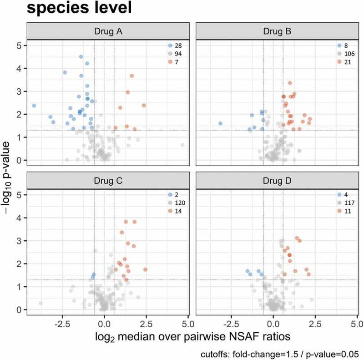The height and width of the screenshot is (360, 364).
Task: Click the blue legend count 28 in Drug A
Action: (x=179, y=46)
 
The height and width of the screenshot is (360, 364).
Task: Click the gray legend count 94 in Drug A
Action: (x=179, y=54)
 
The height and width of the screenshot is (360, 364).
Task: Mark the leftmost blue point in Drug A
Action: (x=34, y=106)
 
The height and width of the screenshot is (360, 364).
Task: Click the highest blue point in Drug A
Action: (x=81, y=57)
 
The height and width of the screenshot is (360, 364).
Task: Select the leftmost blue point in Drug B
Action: (x=220, y=123)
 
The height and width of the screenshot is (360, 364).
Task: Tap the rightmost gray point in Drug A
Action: (x=182, y=145)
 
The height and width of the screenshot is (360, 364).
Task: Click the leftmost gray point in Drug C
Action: (x=40, y=303)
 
